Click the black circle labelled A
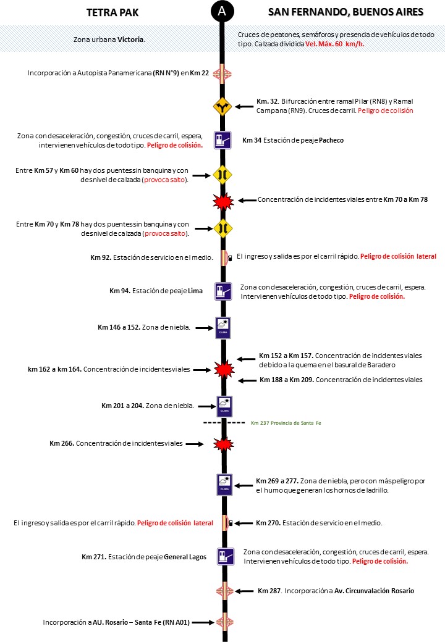[222, 11]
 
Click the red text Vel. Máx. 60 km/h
[334, 44]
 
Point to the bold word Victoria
[130, 40]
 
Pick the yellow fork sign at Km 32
[222, 106]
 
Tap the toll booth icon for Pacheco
[222, 140]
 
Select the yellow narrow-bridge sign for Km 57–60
[222, 175]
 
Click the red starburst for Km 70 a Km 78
[222, 201]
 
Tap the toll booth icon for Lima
[222, 291]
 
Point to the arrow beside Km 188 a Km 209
[248, 380]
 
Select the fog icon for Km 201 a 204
[224, 406]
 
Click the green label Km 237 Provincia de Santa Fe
[286, 423]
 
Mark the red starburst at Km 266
[222, 444]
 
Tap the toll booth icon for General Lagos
[225, 556]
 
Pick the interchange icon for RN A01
[222, 622]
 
